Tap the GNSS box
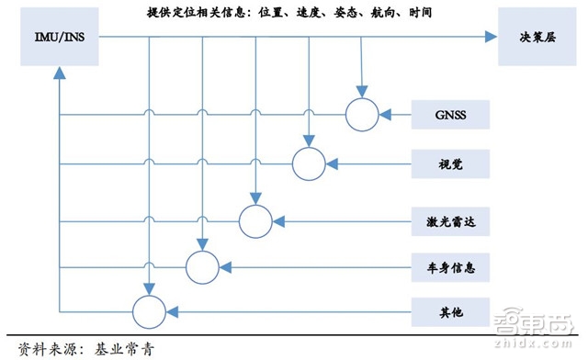451,114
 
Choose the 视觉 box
451,165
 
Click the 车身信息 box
451,267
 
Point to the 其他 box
451,312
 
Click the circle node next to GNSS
361,114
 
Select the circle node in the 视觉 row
309,165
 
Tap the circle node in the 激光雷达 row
254,219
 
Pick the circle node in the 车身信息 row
202,267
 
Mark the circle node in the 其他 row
149,312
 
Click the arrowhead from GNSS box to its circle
386,114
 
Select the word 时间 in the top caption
420,14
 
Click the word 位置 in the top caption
269,14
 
